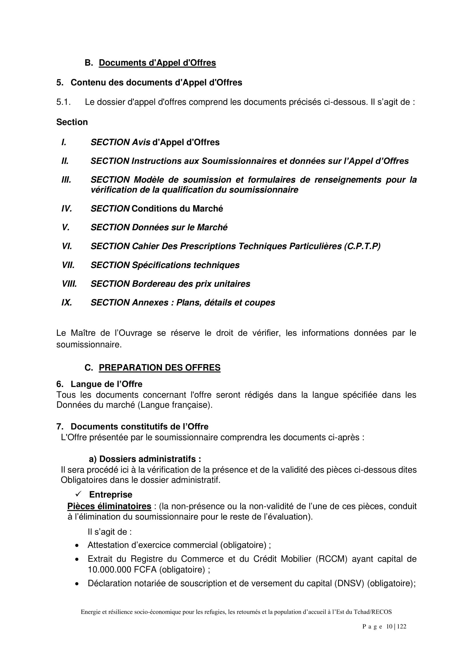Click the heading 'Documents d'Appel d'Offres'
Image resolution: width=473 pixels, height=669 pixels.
[157, 63]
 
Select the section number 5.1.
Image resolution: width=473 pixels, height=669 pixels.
[63, 102]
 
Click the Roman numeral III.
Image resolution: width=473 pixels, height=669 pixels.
[66, 180]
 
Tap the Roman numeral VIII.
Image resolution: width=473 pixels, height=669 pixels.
[69, 284]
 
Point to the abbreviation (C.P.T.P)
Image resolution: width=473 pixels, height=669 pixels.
[362, 246]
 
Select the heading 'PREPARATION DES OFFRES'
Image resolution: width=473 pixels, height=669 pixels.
[160, 368]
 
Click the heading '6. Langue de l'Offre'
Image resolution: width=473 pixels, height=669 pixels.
[99, 384]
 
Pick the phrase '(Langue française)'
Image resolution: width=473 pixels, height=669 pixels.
[175, 405]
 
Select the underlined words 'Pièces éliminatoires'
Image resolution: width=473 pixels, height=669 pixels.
[109, 507]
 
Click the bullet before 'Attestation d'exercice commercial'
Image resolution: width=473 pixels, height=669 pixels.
[77, 545]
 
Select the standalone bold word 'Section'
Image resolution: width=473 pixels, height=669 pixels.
[72, 122]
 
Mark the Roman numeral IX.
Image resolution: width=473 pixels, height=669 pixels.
[67, 302]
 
